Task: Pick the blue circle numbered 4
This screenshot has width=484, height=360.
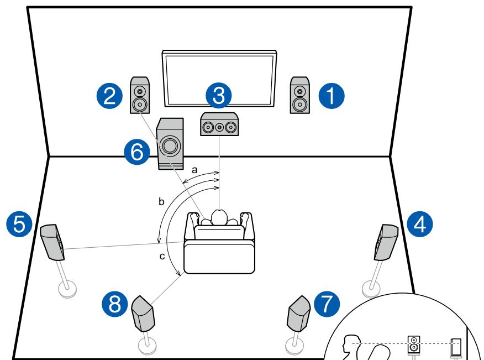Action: tap(419, 223)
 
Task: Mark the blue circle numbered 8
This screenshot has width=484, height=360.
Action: tap(115, 304)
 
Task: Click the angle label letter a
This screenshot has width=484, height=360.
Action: tap(194, 171)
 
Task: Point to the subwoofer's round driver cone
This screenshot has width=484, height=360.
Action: tap(170, 146)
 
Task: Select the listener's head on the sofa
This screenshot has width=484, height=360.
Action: tap(220, 217)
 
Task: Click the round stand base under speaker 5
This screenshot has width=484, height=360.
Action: tap(67, 288)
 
